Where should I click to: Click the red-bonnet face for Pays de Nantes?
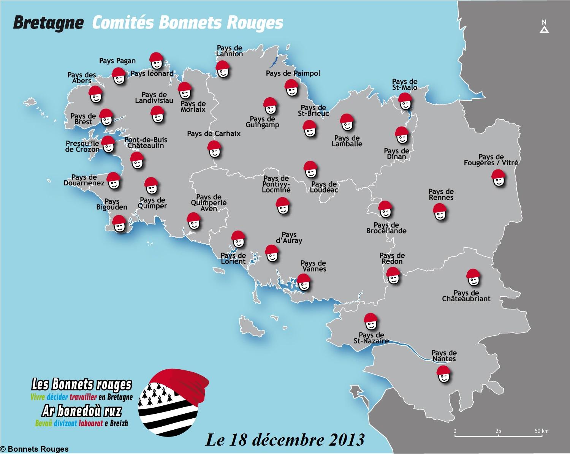click(x=443, y=375)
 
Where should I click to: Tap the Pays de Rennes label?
click(x=441, y=195)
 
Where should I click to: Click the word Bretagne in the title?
click(x=48, y=23)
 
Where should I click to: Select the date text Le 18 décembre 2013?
click(x=285, y=440)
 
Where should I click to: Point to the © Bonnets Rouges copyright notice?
click(x=35, y=449)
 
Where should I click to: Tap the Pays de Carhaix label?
click(x=214, y=134)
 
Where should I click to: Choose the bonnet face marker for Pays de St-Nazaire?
click(x=370, y=322)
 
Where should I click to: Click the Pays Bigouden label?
click(x=112, y=204)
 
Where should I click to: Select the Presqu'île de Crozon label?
click(x=82, y=146)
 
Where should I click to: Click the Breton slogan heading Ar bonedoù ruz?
click(x=82, y=411)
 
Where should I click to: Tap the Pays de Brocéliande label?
click(x=386, y=228)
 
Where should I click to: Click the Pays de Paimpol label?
click(x=293, y=73)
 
